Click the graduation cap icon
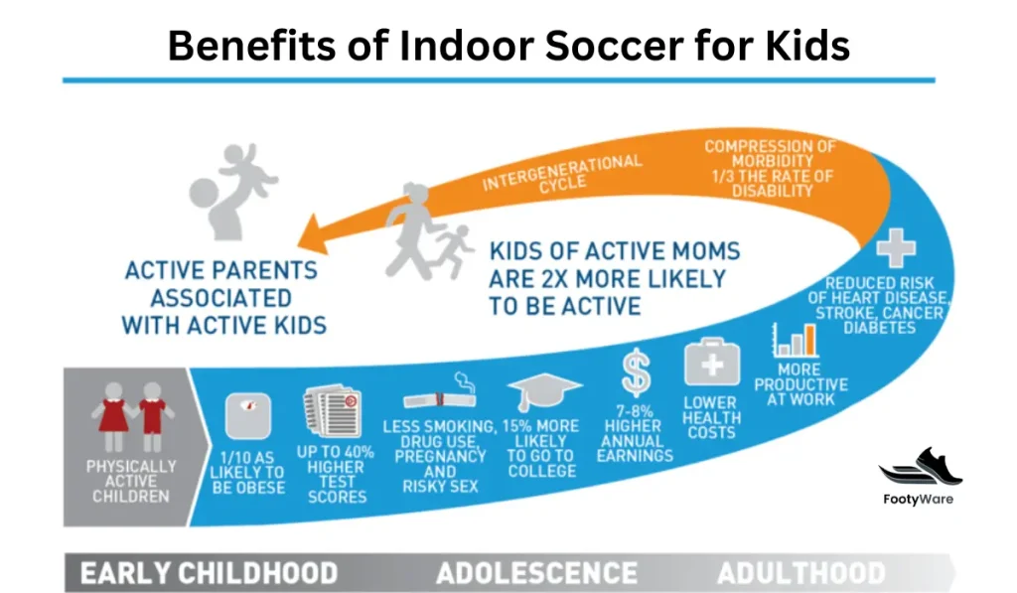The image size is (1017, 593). pos(544,392)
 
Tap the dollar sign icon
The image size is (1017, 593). pos(636,372)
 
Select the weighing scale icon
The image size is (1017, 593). pos(247,416)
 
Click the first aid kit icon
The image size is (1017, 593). pos(711,362)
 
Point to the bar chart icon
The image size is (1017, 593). pos(796,340)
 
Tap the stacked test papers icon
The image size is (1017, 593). pos(332,411)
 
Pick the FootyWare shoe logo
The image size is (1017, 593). pos(921,466)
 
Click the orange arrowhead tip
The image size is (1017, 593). pos(298,245)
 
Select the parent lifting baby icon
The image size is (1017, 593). pos(230,191)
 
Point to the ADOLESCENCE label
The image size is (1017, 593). pos(536,573)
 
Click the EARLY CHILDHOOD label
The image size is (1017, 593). pos(209,573)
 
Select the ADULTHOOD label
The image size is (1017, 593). pos(801,573)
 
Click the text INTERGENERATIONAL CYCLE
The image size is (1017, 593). pos(562,173)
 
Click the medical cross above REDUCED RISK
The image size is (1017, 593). pos(896,248)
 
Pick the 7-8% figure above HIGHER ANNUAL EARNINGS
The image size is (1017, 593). pos(634,411)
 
